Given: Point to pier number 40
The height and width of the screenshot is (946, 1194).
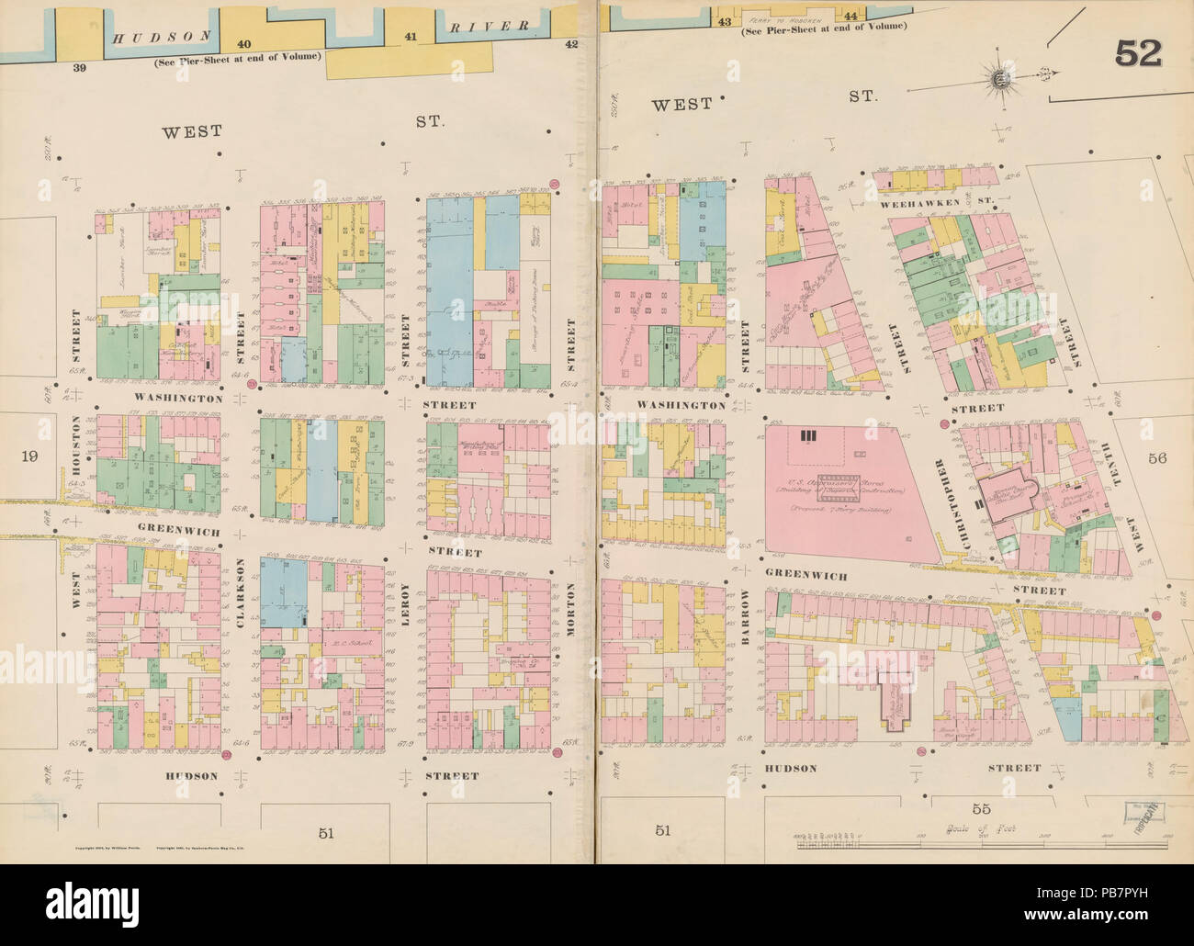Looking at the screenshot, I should (243, 44).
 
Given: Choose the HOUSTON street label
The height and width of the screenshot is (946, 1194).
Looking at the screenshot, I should (76, 446).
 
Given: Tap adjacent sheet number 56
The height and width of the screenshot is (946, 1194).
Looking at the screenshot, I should (1155, 458).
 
